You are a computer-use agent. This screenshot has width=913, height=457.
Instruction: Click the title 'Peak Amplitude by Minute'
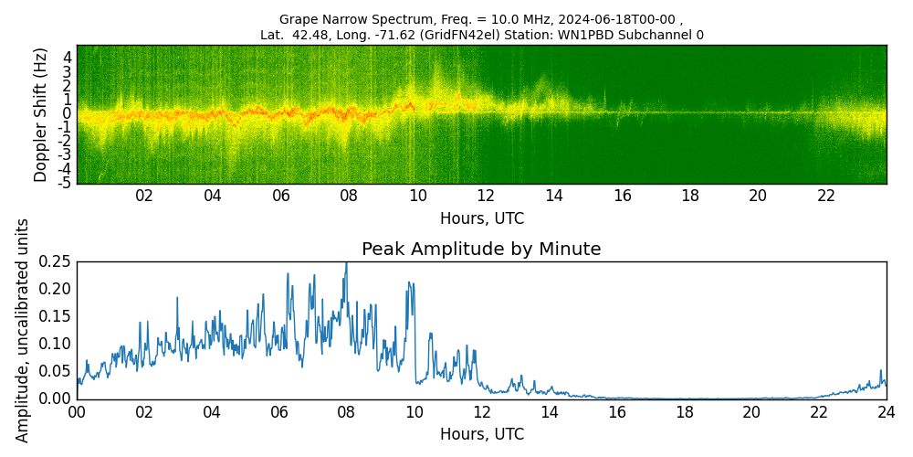tap(481, 250)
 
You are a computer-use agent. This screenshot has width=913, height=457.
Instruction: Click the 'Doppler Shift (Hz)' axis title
tap(41, 114)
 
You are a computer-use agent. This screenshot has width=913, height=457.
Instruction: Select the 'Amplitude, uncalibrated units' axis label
tap(23, 330)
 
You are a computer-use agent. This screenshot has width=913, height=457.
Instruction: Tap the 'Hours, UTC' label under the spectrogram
tap(481, 219)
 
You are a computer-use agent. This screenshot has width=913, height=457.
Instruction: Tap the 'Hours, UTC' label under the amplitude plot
tap(481, 434)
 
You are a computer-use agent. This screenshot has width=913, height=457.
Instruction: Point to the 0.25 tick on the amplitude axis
tap(56, 261)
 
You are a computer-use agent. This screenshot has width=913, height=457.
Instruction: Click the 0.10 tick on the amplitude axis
tap(56, 344)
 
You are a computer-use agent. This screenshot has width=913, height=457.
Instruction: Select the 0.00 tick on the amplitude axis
tap(56, 399)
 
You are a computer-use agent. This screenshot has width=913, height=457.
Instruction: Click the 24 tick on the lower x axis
tap(886, 412)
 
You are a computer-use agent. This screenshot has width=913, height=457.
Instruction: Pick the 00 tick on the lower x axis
tap(77, 412)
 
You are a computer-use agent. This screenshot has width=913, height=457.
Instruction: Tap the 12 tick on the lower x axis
tap(481, 412)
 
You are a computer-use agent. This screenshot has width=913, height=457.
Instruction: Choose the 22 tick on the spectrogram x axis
tap(826, 196)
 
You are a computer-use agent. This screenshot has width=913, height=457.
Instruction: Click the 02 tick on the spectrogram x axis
tap(144, 196)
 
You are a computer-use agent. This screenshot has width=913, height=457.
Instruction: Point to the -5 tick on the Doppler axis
tap(67, 183)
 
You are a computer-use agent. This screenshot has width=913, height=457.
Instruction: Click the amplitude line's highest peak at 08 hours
tap(346, 263)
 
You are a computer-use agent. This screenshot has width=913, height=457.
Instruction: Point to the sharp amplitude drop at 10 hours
tap(415, 347)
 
